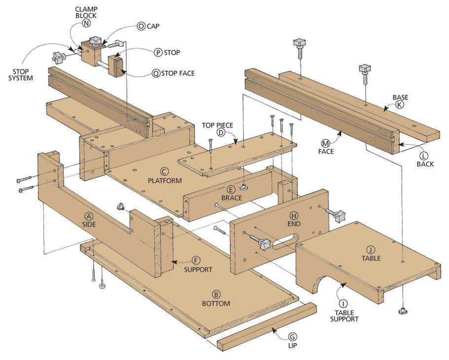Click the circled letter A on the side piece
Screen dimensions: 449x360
[89, 216]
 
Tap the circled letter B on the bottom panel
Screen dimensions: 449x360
[216, 295]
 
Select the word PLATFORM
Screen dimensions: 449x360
[165, 181]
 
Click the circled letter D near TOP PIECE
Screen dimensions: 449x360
[221, 132]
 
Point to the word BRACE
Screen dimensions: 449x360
[232, 198]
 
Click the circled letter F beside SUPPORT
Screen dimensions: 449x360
[196, 261]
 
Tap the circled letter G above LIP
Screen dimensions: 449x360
[293, 337]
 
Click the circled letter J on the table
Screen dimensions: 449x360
[371, 250]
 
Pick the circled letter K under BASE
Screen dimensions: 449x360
[400, 105]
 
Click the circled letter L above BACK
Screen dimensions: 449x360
[424, 156]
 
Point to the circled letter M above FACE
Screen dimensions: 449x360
[326, 143]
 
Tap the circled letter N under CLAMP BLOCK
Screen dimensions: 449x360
[86, 23]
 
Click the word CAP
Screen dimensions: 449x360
[153, 26]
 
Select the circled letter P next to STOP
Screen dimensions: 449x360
[158, 53]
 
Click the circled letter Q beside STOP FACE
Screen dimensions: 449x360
[156, 74]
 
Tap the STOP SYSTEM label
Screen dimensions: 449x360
[21, 75]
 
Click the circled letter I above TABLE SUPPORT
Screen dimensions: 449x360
[343, 304]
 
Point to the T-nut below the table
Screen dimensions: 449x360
[402, 311]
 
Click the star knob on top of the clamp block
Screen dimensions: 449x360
[95, 41]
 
